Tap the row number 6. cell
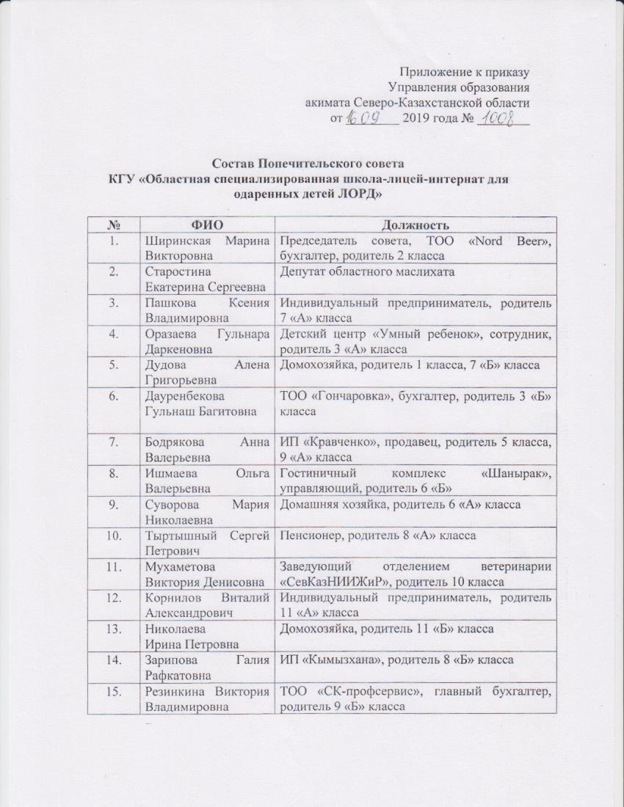tap(112, 398)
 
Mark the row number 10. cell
tap(113, 535)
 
